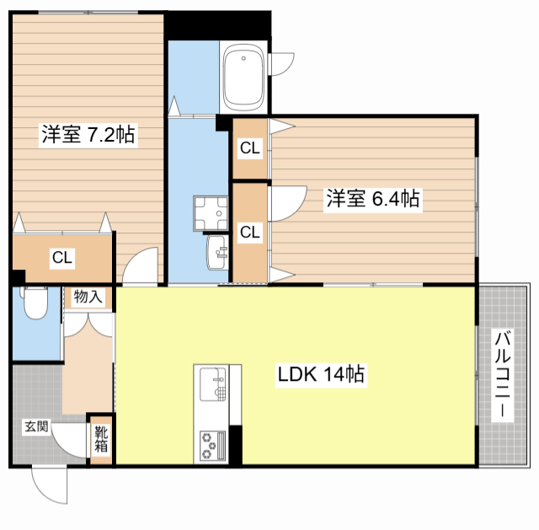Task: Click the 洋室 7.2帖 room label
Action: [x=89, y=134]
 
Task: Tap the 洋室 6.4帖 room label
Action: [x=373, y=200]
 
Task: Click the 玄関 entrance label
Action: [x=35, y=426]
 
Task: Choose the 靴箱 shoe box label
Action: [x=101, y=440]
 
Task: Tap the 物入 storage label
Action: [x=88, y=297]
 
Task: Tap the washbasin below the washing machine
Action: [x=218, y=250]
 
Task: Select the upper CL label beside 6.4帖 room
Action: [x=250, y=149]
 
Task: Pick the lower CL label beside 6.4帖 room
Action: [x=249, y=232]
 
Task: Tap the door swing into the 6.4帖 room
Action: [x=285, y=202]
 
